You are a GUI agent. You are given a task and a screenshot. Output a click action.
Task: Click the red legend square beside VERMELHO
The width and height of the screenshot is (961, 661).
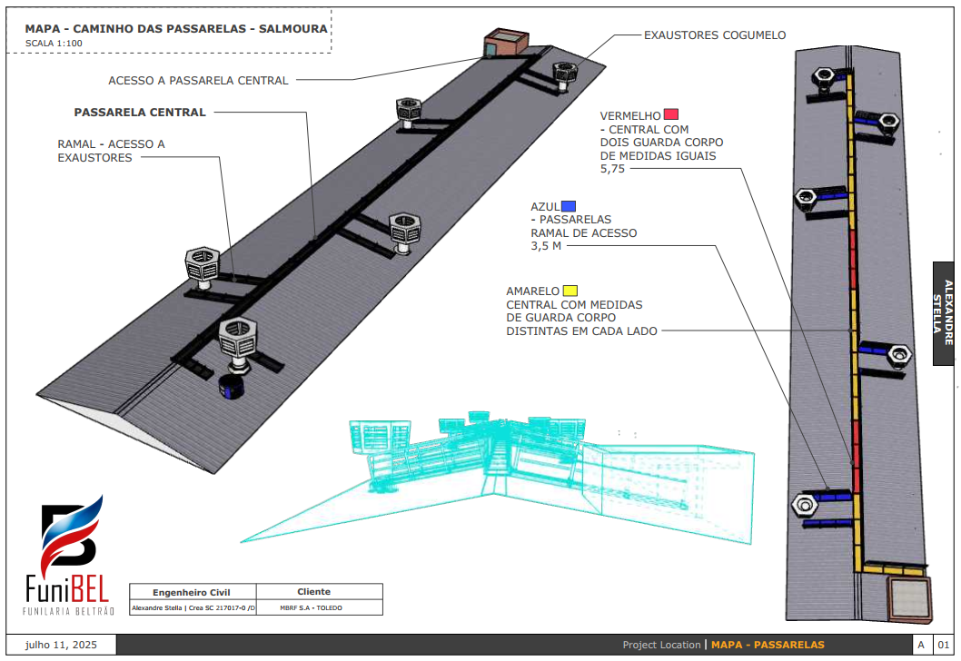pyautogui.click(x=671, y=114)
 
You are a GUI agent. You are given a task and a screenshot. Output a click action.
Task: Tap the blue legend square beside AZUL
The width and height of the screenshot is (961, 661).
pyautogui.click(x=569, y=205)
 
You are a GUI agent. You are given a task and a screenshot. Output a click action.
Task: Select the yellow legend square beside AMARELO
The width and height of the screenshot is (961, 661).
pyautogui.click(x=570, y=291)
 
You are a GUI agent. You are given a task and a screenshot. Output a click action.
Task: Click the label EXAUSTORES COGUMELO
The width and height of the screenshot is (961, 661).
pyautogui.click(x=715, y=35)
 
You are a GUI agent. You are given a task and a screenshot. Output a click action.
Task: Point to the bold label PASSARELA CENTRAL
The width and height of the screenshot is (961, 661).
pyautogui.click(x=139, y=113)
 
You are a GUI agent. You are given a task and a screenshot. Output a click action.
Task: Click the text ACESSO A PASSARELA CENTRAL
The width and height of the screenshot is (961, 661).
pyautogui.click(x=198, y=80)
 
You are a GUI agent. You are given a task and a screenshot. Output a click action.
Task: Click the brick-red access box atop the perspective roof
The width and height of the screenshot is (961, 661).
pyautogui.click(x=505, y=43)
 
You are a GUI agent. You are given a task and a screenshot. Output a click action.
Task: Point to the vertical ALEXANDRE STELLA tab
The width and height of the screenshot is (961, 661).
pyautogui.click(x=946, y=313)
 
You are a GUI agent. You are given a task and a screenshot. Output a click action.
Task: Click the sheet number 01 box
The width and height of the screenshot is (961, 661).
pyautogui.click(x=942, y=645)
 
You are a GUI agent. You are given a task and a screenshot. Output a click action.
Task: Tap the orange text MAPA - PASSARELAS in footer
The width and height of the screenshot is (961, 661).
pyautogui.click(x=768, y=645)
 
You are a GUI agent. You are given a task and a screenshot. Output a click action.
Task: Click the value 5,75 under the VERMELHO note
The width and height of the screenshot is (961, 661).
pyautogui.click(x=612, y=169)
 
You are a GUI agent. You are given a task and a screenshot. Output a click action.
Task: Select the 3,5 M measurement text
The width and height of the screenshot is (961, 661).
pyautogui.click(x=546, y=246)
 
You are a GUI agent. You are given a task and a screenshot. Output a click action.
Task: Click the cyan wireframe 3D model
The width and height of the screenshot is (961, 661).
pyautogui.click(x=509, y=472)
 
